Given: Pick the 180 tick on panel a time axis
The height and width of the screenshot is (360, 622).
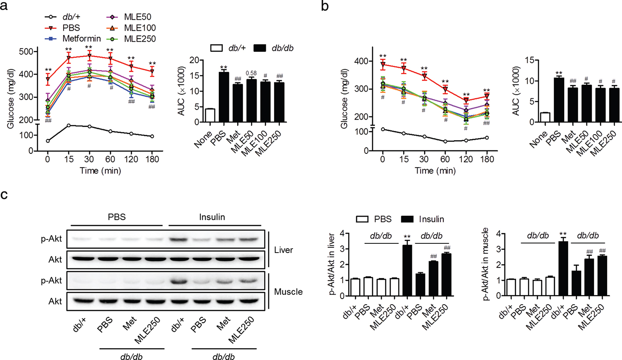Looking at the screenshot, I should click(151, 160).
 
